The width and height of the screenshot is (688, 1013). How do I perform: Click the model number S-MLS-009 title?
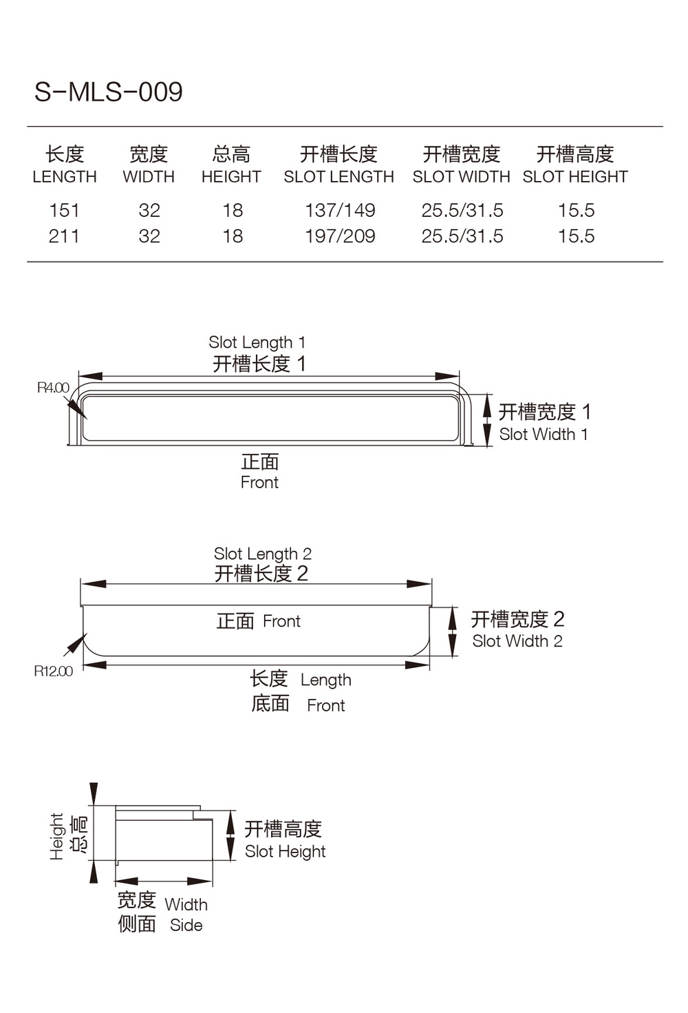pyautogui.click(x=109, y=92)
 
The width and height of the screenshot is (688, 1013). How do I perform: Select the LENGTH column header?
pyautogui.click(x=65, y=176)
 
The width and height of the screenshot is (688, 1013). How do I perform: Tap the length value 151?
pyautogui.click(x=64, y=210)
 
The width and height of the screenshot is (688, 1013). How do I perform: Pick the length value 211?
pyautogui.click(x=64, y=236)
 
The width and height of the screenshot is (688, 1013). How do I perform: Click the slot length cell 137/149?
pyautogui.click(x=340, y=210)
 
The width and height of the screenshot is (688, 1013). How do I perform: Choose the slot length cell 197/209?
pyautogui.click(x=340, y=236)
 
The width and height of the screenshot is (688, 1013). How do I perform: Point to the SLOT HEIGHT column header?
pyautogui.click(x=575, y=176)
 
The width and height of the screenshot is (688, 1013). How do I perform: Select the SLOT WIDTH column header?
pyautogui.click(x=461, y=176)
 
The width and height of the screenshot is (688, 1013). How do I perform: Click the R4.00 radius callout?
pyautogui.click(x=53, y=388)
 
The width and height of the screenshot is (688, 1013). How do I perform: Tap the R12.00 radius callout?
pyautogui.click(x=53, y=671)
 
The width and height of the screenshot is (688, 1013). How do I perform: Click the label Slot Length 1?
pyautogui.click(x=257, y=342)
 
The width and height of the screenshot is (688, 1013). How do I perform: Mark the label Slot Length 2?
pyautogui.click(x=262, y=554)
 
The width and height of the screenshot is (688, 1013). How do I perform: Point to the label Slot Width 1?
pyautogui.click(x=544, y=435)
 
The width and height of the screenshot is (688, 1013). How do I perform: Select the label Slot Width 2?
pyautogui.click(x=517, y=641)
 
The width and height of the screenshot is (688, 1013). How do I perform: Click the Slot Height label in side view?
pyautogui.click(x=285, y=852)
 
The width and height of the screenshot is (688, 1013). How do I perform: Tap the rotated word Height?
pyautogui.click(x=57, y=836)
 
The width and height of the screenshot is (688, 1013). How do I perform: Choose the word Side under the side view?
pyautogui.click(x=186, y=926)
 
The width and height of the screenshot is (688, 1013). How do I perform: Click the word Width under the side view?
pyautogui.click(x=186, y=904)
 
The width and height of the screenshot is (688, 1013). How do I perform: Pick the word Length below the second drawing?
pyautogui.click(x=325, y=680)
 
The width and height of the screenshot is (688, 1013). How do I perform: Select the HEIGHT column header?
pyautogui.click(x=231, y=176)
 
